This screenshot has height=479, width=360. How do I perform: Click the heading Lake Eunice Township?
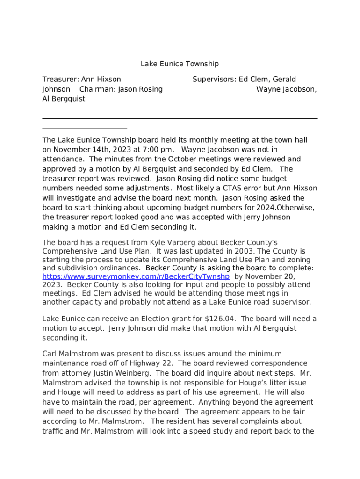pyautogui.click(x=180, y=64)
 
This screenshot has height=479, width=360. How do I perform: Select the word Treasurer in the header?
pyautogui.click(x=59, y=80)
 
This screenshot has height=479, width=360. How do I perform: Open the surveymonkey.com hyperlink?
pyautogui.click(x=136, y=276)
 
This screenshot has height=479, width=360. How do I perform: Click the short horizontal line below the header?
pyautogui.click(x=85, y=128)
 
